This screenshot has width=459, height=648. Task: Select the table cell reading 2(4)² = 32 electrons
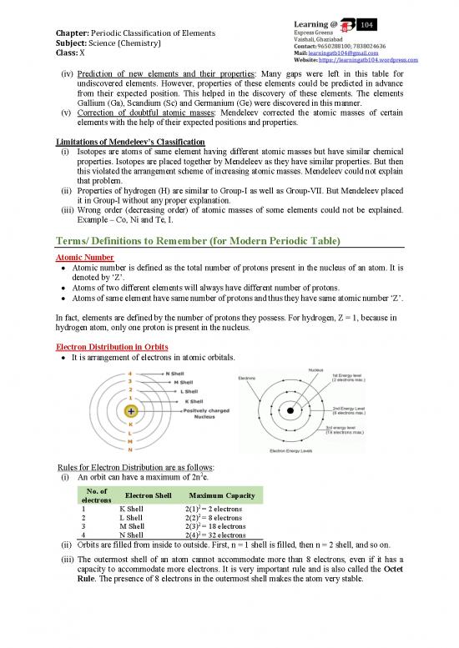click(x=214, y=535)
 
